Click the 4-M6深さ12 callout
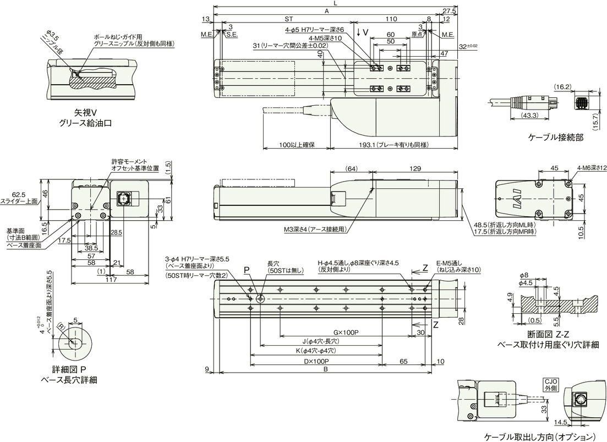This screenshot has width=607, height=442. coord(592,168)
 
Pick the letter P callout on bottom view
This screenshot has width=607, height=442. coord(247,270)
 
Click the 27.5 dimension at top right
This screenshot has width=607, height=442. coord(450,11)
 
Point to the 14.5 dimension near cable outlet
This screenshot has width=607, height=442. coord(559,422)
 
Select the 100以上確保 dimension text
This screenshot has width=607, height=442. coord(296,145)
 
